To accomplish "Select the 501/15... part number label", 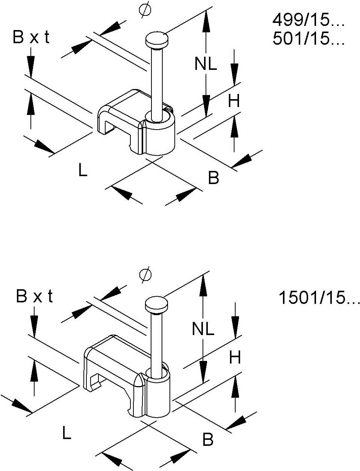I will [308, 39].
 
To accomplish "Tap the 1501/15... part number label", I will [319, 299].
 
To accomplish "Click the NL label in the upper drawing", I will [206, 65].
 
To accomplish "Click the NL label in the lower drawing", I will [203, 329].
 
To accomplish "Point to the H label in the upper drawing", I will [234, 101].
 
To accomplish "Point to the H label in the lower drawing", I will [234, 358].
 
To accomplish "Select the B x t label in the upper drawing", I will [31, 38].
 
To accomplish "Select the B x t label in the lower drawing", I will [34, 297].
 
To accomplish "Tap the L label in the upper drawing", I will [83, 171].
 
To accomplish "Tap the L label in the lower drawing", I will [67, 434].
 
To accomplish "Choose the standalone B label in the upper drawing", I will [213, 178].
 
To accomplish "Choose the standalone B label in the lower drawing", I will [207, 440].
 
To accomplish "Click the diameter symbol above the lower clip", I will [145, 274].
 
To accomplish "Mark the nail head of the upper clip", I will [156, 40].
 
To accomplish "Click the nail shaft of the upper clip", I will [156, 79].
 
